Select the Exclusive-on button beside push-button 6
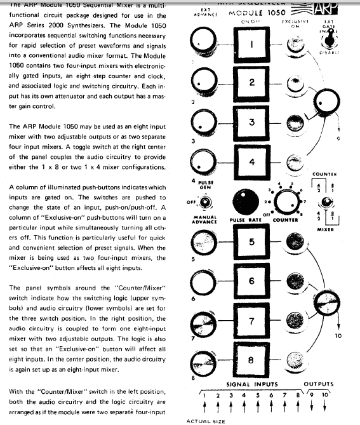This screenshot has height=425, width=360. click(293, 281)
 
